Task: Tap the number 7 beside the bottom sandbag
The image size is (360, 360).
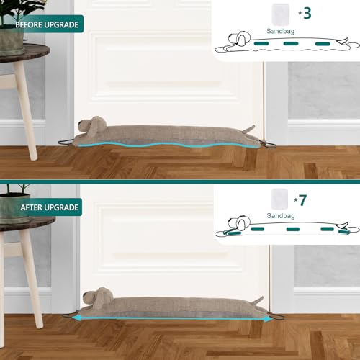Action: click(302, 200)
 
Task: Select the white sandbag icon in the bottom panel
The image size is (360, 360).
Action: click(279, 197)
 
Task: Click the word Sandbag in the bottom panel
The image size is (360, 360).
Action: click(279, 215)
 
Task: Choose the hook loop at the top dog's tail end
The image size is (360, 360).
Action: click(271, 143)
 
